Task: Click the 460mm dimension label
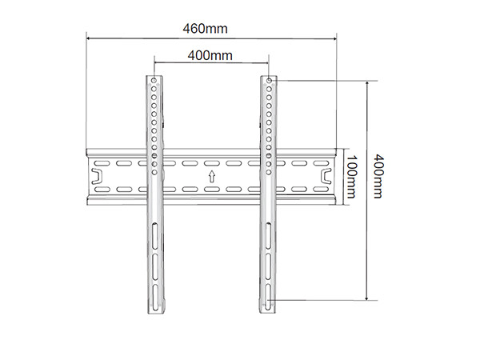205,29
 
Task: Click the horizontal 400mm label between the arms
210,56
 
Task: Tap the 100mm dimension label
352,177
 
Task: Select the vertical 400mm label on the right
378,177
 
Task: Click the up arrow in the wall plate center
211,177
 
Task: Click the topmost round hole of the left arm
154,81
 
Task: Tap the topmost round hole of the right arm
269,81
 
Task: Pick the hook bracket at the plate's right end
326,177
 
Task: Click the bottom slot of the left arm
155,298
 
